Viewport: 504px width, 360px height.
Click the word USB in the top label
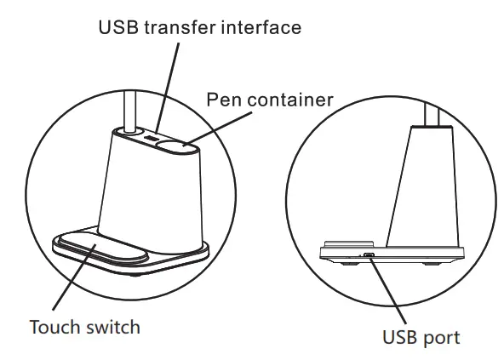point(117,28)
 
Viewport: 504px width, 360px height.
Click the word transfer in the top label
point(180,28)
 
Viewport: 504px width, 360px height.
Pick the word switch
point(112,328)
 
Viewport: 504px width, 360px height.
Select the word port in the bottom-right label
point(441,338)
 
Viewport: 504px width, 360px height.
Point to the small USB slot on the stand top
point(149,138)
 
